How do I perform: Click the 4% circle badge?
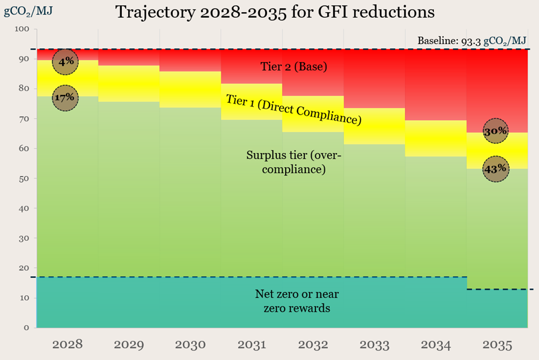66,61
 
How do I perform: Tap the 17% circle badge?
66,98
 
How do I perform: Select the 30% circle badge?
495,131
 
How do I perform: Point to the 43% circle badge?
495,168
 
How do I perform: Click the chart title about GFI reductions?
275,12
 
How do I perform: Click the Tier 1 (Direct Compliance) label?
294,108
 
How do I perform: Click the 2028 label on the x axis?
67,345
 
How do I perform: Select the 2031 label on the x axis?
252,345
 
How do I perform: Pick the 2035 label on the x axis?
497,345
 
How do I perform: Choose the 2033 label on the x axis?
374,345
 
